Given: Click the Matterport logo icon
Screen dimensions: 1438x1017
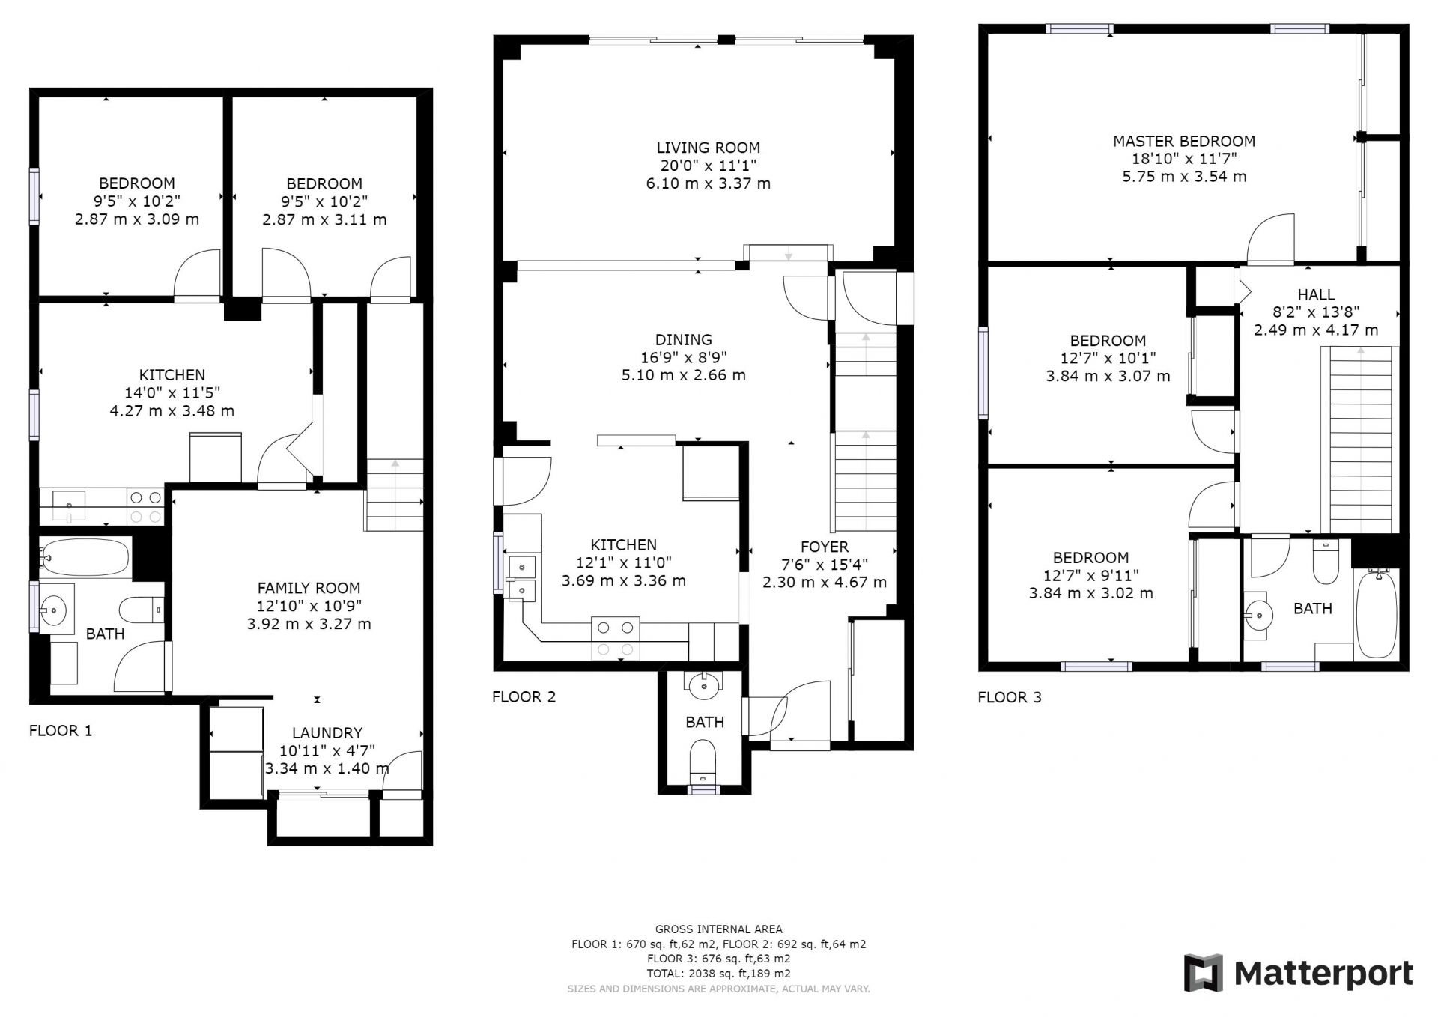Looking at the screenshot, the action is (x=1204, y=974).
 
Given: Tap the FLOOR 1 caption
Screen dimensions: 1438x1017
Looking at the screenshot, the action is (x=61, y=730).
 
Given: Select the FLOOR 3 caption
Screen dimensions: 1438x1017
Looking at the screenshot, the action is (x=1010, y=697).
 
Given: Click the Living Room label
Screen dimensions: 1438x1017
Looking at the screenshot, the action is (x=709, y=148).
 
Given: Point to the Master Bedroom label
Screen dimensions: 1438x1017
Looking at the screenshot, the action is (x=1184, y=141).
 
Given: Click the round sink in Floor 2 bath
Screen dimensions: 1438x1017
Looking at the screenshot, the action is (x=704, y=683).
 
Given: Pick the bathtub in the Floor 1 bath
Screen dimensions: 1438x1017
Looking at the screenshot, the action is (x=85, y=557).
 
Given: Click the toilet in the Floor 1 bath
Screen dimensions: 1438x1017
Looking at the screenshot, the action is (x=142, y=610).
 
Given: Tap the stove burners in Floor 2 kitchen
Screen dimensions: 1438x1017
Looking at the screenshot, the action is (x=616, y=637).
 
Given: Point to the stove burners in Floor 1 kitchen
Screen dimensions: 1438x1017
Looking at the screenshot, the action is (x=145, y=506).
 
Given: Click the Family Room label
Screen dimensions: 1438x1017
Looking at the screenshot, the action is (x=309, y=588).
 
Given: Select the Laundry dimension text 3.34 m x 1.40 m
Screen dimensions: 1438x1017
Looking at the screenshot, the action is (x=327, y=768).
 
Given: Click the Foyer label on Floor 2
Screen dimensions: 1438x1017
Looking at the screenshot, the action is (x=825, y=547).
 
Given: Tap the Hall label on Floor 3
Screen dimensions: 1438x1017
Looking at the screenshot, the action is (x=1316, y=294).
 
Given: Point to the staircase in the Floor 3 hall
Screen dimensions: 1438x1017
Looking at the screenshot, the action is (x=1360, y=440).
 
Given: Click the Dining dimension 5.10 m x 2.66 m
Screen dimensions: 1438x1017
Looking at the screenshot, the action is (x=684, y=375).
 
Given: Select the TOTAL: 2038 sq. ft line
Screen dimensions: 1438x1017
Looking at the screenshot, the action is (x=719, y=974).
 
